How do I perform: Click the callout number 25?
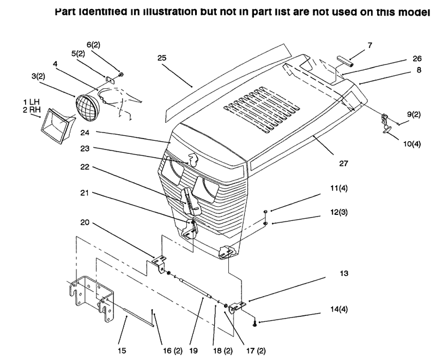[162, 58]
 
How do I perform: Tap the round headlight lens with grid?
[88, 107]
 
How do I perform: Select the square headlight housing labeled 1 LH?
[58, 126]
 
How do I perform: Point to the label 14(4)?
[339, 309]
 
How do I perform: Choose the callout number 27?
[344, 163]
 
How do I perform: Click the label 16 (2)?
[173, 351]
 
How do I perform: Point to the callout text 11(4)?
[339, 188]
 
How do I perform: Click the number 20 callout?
[85, 223]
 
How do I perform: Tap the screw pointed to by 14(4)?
[255, 323]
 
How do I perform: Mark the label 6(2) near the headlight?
[93, 45]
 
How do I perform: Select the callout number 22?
[85, 167]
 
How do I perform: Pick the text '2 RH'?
[32, 110]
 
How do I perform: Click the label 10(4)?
[412, 144]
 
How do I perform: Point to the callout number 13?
[344, 273]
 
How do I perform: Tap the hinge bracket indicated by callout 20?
[159, 263]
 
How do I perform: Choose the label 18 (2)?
[223, 351]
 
